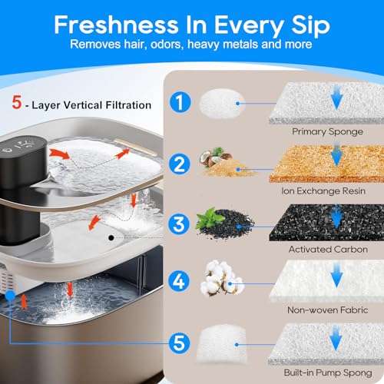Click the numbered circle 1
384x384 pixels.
tap(180, 102)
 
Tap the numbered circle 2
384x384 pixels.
tap(180, 164)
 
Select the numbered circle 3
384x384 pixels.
tap(179, 224)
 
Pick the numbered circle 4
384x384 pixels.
tap(179, 281)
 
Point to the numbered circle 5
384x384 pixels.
tap(180, 343)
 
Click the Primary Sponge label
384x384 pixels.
tap(327, 132)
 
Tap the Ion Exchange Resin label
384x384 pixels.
tap(323, 191)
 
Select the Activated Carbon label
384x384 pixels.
tap(328, 250)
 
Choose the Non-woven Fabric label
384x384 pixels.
tap(328, 310)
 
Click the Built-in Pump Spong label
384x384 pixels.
tap(328, 372)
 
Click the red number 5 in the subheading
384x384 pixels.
tap(17, 102)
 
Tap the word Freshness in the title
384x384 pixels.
tap(116, 25)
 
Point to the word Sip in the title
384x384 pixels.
tap(310, 26)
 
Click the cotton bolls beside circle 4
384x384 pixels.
tap(222, 278)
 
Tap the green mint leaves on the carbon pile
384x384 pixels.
tap(210, 218)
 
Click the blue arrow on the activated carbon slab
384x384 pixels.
tap(337, 217)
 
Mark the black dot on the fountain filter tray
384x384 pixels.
tap(111, 238)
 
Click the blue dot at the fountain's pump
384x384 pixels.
tap(10, 296)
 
